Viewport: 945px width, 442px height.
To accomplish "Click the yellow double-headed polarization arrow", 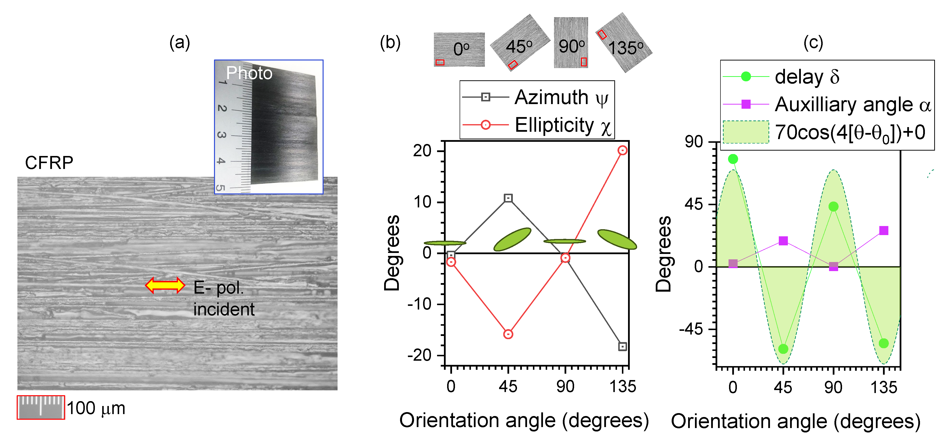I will [165, 285].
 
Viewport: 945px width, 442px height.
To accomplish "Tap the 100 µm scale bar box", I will [41, 407].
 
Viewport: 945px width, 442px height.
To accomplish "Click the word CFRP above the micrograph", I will [49, 163].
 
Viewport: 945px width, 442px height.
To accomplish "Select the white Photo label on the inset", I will [249, 73].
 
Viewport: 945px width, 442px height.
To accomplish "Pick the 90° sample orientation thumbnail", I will [571, 43].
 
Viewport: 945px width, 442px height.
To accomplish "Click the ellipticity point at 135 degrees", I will [622, 150].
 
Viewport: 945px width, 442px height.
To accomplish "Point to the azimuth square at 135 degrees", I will [622, 346].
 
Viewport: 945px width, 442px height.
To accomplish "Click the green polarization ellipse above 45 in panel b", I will [512, 239].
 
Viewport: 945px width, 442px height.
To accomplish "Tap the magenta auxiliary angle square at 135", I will [884, 230].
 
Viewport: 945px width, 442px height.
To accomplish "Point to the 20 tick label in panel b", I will [422, 151].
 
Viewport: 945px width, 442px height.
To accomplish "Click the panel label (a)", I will [180, 43].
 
